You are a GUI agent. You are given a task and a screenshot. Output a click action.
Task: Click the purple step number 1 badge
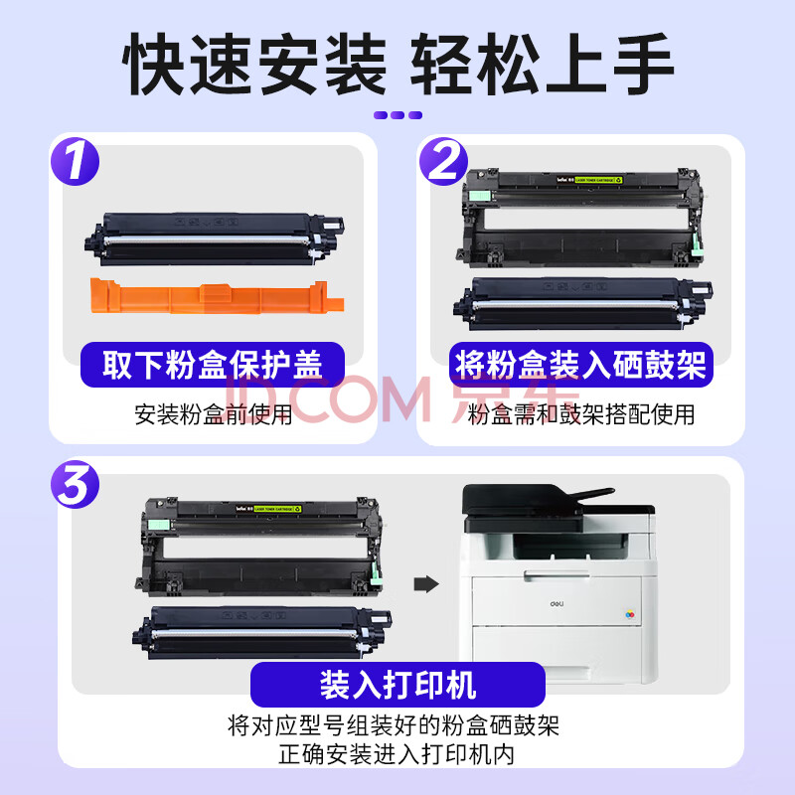point(76,161)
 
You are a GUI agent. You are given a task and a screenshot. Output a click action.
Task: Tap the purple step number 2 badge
point(443,161)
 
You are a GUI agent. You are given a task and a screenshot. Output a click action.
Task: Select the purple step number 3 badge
point(76,484)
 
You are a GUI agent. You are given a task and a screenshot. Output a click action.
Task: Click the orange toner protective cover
point(217,296)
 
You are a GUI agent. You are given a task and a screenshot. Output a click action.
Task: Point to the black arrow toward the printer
point(426,583)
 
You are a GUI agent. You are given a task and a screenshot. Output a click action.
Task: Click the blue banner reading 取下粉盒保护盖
point(213,365)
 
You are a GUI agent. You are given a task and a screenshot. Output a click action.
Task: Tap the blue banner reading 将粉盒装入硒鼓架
point(581,365)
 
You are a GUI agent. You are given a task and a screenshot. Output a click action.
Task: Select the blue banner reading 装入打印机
point(398,685)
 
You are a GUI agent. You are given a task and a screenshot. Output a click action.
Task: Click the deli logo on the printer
point(556,604)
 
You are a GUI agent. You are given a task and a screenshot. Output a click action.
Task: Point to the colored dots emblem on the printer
point(630,615)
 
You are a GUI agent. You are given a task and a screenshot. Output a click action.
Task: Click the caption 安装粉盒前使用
point(213,414)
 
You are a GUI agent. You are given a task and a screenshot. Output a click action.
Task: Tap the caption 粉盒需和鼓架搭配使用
point(581,414)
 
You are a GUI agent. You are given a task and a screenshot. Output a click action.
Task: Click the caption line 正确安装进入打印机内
point(397,754)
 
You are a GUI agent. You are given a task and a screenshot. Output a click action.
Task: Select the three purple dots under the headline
point(398,115)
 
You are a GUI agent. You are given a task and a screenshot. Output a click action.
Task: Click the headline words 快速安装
point(254,64)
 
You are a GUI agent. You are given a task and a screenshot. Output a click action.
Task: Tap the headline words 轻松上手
point(542,64)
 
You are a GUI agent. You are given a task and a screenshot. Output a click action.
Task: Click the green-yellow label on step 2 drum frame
point(598,180)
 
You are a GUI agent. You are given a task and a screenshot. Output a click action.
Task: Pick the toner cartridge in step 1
point(215,238)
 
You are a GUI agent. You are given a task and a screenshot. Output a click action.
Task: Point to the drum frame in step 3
point(259,547)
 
